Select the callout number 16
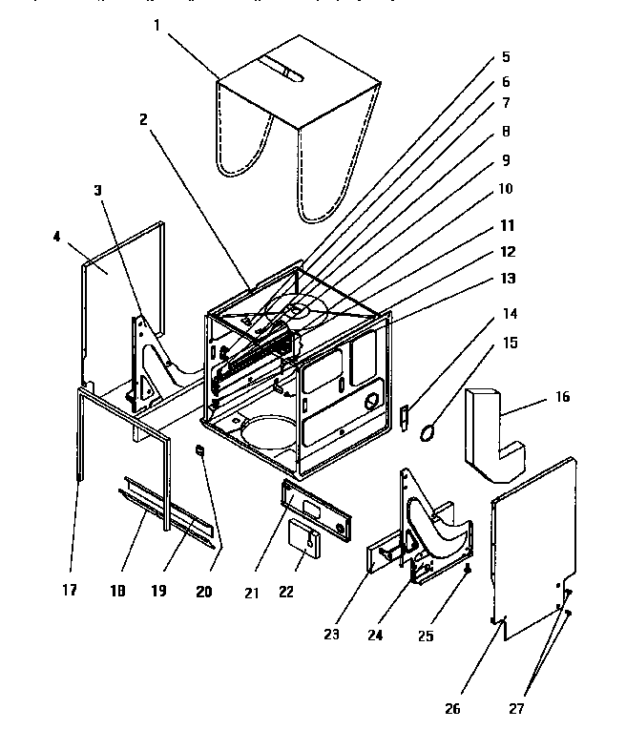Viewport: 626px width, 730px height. (562, 396)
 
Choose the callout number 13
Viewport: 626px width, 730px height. (507, 278)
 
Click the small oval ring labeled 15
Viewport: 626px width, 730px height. (428, 431)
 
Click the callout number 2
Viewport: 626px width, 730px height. (142, 120)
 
